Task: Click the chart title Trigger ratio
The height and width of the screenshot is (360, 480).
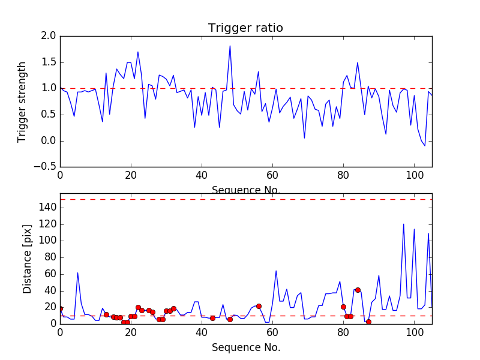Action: tap(245, 28)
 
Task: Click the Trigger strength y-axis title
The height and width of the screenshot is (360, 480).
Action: tap(22, 101)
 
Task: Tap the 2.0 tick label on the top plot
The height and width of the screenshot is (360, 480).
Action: tap(49, 37)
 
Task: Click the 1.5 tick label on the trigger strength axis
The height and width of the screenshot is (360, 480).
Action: tap(49, 62)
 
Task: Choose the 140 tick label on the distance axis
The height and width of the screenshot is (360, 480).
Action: tap(47, 208)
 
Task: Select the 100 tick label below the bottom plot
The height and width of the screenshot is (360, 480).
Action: tap(414, 332)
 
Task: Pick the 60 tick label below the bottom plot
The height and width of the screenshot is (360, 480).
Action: tap(272, 332)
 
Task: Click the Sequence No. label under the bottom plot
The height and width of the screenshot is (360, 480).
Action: tap(246, 347)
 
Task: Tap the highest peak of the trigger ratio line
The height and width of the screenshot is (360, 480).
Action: tap(230, 46)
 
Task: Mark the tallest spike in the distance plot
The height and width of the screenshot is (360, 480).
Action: tap(403, 224)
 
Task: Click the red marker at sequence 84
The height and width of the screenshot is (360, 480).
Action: tap(358, 290)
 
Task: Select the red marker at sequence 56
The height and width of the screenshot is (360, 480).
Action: tap(259, 306)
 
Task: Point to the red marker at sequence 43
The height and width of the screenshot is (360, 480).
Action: tap(212, 318)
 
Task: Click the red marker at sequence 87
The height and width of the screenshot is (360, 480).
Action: tap(368, 322)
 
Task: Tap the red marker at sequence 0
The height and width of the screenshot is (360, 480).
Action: tap(60, 308)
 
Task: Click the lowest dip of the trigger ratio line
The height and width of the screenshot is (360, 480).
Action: tap(425, 146)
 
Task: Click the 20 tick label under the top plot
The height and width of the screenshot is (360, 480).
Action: tap(131, 176)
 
